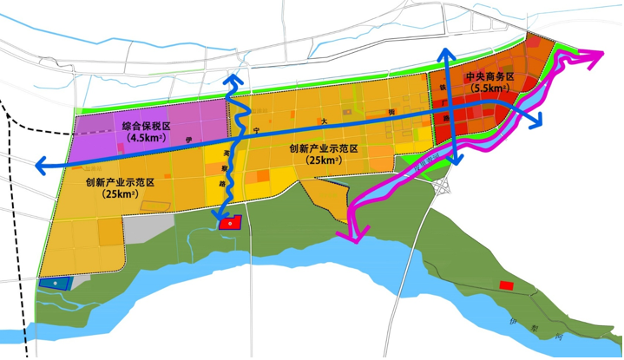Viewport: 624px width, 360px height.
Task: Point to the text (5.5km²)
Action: coord(489,88)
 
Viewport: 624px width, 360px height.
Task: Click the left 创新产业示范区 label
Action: coord(120,182)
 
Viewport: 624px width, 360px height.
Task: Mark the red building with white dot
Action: coord(228,223)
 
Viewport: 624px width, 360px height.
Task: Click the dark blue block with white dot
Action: coord(54,283)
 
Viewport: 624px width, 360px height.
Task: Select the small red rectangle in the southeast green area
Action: coord(506,285)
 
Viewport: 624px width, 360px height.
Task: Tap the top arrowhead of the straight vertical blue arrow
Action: coord(448,52)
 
